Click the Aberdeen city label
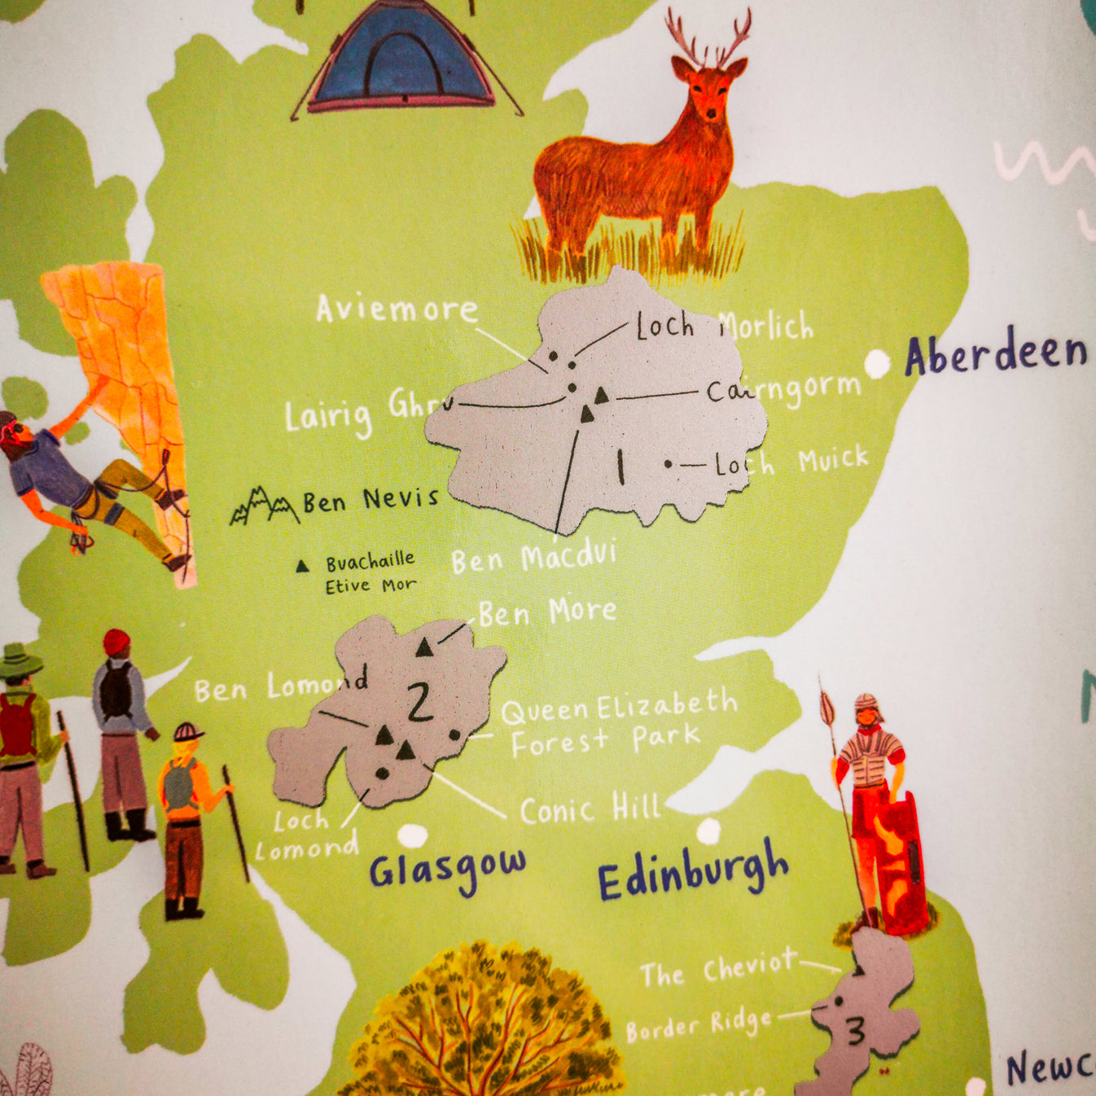(x=995, y=353)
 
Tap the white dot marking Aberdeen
(x=877, y=363)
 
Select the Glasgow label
(x=447, y=870)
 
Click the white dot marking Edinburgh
(x=708, y=831)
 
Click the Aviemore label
(x=397, y=309)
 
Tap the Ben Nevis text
(x=370, y=500)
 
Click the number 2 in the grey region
(x=419, y=702)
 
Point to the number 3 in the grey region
(x=855, y=1032)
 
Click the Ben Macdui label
(x=533, y=559)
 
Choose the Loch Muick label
(x=791, y=462)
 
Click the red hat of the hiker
(x=116, y=642)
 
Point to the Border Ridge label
(x=698, y=1025)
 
